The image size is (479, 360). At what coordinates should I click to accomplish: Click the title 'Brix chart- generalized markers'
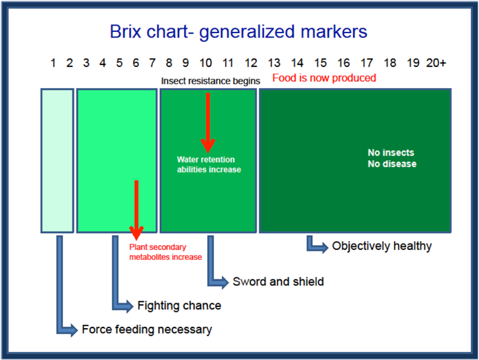[x=239, y=32]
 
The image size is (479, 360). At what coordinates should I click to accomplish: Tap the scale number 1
[x=54, y=63]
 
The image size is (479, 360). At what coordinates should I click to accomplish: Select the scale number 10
[x=206, y=63]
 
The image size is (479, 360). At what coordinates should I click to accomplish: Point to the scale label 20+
[x=436, y=63]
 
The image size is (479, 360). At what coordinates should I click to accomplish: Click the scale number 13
[x=274, y=63]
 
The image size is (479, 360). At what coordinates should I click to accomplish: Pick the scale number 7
[x=152, y=63]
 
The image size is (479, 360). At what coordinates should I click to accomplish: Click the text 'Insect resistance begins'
[x=210, y=81]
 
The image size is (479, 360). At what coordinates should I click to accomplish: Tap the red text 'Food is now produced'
[x=324, y=78]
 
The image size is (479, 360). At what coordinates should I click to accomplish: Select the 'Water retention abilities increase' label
[x=208, y=165]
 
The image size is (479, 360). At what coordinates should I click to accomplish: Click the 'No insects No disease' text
[x=392, y=158]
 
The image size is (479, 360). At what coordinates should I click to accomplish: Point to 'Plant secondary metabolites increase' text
[x=165, y=252]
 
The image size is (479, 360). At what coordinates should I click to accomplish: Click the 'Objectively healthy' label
[x=382, y=246]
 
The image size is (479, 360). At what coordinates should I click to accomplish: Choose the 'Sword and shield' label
[x=278, y=282]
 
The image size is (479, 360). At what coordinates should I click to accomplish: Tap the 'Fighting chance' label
[x=179, y=306]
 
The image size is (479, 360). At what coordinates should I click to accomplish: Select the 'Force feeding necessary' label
[x=147, y=329]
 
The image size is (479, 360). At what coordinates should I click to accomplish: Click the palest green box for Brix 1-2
[x=57, y=161]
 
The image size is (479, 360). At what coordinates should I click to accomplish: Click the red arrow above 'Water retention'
[x=208, y=122]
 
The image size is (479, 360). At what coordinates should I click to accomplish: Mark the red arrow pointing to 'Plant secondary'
[x=136, y=209]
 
